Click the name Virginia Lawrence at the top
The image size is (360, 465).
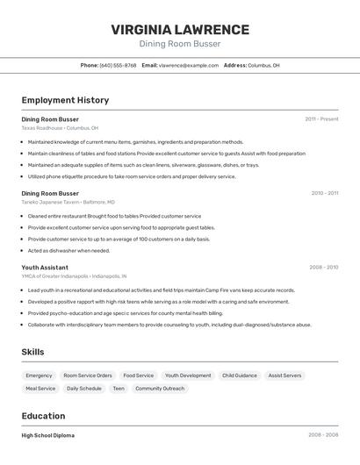pos(180,30)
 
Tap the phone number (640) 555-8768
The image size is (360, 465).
pos(118,65)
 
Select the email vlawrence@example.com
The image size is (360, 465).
pos(189,65)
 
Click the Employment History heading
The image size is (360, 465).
pos(65,100)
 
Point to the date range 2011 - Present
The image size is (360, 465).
pos(321,118)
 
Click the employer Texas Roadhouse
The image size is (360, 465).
pos(42,127)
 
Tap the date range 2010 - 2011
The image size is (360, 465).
pos(324,193)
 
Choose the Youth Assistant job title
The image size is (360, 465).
pos(45,267)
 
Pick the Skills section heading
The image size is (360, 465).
pos(33,352)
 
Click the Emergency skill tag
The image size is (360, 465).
pos(39,376)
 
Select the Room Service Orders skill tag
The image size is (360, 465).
pos(88,376)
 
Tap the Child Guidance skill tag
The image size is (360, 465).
pos(240,376)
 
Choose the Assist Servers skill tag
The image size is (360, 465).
pos(284,376)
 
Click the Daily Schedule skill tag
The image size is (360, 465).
pos(84,388)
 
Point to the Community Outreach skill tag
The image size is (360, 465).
pos(160,388)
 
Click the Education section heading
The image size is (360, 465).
pos(43,416)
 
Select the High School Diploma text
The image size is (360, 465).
pos(48,435)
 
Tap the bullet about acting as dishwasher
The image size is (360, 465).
pos(69,250)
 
